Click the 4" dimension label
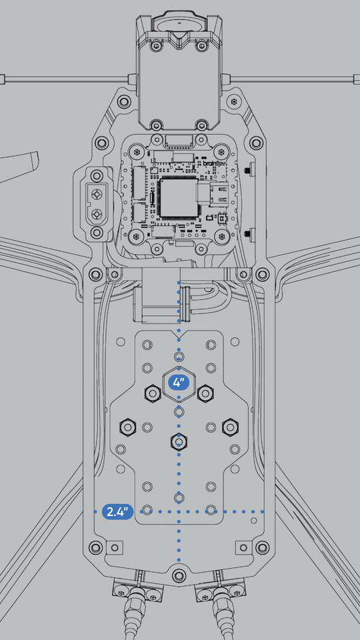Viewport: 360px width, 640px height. [179, 383]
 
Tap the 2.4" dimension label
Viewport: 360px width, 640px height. [117, 512]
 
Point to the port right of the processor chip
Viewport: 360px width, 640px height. [213, 195]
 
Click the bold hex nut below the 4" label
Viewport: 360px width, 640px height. [178, 440]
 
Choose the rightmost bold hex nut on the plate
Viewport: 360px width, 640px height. [229, 425]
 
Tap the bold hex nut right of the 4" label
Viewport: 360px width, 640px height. [204, 393]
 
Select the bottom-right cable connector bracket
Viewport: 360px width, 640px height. [221, 590]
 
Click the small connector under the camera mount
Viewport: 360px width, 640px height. [178, 141]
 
